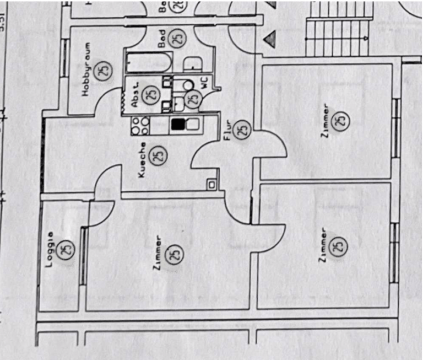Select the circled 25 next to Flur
tap(242, 130)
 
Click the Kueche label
tap(142, 160)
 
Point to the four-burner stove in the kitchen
tap(139, 126)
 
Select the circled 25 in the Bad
tap(177, 39)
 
